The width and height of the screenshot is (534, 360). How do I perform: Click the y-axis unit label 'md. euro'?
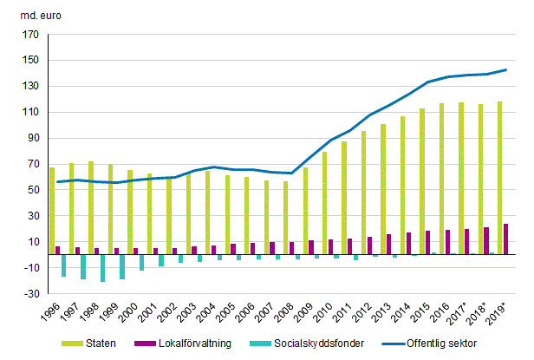(31, 14)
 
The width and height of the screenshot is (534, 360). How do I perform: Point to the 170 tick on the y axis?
(30, 36)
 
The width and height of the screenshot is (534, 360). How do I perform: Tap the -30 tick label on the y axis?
(30, 293)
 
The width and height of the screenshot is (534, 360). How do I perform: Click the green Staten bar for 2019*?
(500, 178)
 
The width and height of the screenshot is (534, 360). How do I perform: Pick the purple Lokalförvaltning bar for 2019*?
(506, 239)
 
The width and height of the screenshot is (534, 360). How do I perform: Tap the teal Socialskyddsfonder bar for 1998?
(102, 268)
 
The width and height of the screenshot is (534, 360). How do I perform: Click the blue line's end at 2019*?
(506, 70)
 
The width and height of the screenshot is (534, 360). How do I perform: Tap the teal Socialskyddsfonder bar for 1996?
(63, 265)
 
